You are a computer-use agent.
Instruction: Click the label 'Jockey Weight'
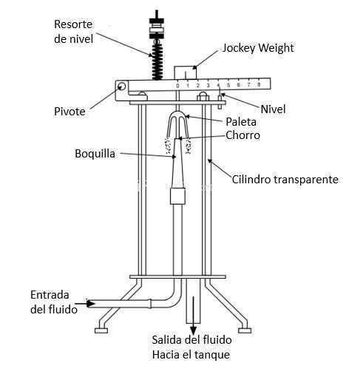(258, 48)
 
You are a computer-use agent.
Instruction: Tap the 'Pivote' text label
(69, 112)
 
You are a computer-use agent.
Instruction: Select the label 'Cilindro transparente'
(285, 179)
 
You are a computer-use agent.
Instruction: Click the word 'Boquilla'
(95, 154)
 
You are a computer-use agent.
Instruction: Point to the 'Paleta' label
(241, 122)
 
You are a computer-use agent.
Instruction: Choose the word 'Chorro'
(242, 135)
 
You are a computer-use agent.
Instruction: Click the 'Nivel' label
(273, 109)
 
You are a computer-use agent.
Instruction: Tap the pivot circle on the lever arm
(121, 86)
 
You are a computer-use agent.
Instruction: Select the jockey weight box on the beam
(186, 73)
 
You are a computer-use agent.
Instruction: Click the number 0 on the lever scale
(177, 86)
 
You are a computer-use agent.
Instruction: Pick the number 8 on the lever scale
(259, 84)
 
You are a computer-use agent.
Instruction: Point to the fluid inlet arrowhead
(91, 304)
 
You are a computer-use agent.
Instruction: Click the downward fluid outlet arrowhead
(194, 330)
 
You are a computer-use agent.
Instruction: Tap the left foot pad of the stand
(101, 330)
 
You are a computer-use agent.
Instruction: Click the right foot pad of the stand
(245, 330)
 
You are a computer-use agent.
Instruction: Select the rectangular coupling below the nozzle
(177, 196)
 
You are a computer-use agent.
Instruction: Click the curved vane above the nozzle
(178, 124)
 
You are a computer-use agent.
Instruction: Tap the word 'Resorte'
(73, 24)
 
